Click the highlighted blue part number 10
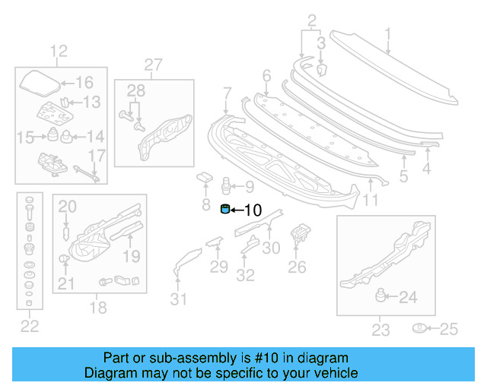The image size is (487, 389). coord(225,210)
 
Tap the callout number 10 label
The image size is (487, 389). coord(251,210)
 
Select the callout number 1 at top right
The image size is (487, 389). coord(387,34)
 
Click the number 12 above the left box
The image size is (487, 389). coord(59,52)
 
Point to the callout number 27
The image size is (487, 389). coord(154,65)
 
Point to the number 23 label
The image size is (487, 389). coord(380,329)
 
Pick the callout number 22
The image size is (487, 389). coord(29,327)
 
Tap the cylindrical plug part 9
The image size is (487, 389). coord(225,185)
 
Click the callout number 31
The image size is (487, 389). coord(178,299)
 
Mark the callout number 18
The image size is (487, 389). coord(98,308)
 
